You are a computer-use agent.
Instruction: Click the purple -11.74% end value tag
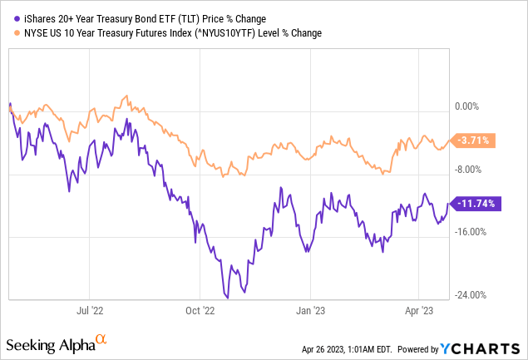pyautogui.click(x=475, y=203)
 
